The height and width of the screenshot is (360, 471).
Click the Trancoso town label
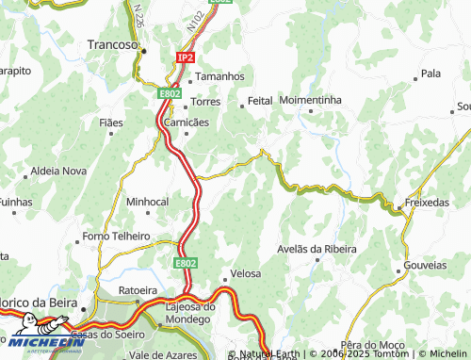pyautogui.click(x=112, y=43)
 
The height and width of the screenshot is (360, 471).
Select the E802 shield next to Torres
pyautogui.click(x=170, y=93)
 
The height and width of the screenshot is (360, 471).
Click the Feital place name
pyautogui.click(x=260, y=100)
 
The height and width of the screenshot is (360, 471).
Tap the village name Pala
pyautogui.click(x=431, y=73)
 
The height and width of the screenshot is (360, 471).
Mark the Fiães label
pyautogui.click(x=111, y=123)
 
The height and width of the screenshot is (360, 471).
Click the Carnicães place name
pyautogui.click(x=187, y=123)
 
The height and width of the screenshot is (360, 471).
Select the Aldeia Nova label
pyautogui.click(x=58, y=171)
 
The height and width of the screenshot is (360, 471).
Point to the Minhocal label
pyautogui.click(x=147, y=202)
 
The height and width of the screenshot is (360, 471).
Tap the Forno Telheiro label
pyautogui.click(x=117, y=236)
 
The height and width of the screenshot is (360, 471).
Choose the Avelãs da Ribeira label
pyautogui.click(x=317, y=249)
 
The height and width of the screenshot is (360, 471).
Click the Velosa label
pyautogui.click(x=245, y=273)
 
